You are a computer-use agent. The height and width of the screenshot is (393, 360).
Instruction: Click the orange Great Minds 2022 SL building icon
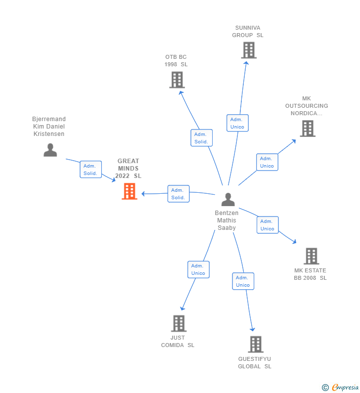(x=130, y=191)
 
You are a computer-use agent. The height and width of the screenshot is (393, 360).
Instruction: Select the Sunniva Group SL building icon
(x=249, y=50)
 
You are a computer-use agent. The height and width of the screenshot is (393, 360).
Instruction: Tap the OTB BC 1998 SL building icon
(x=177, y=80)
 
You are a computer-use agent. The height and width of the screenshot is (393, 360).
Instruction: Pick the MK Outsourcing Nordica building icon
(x=308, y=129)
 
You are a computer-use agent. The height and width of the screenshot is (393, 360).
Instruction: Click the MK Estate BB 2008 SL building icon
(x=312, y=256)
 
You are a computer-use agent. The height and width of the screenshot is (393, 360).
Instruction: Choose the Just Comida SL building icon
(x=179, y=323)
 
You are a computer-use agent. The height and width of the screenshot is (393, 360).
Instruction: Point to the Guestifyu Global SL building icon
(x=256, y=345)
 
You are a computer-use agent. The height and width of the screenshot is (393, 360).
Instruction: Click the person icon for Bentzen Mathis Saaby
(x=228, y=200)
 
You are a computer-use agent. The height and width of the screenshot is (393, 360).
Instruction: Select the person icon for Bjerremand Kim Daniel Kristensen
(x=50, y=150)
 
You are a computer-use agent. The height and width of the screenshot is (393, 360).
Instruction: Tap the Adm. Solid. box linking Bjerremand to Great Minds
(x=91, y=170)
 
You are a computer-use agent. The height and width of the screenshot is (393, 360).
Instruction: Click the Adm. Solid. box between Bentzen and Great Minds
(x=179, y=194)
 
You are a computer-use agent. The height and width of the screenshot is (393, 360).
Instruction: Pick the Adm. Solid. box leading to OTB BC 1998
(x=202, y=138)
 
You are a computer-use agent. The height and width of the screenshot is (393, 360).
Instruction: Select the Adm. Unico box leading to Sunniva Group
(x=237, y=123)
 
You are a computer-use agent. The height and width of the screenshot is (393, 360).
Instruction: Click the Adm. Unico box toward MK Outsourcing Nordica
(x=267, y=162)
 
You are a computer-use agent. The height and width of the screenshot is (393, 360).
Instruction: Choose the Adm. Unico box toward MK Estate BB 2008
(x=268, y=225)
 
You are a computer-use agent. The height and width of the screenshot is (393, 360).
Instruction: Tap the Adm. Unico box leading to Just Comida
(x=199, y=269)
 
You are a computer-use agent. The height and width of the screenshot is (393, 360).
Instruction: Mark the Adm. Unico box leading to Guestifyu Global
(x=243, y=281)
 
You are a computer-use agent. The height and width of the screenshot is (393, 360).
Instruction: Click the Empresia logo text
(x=345, y=388)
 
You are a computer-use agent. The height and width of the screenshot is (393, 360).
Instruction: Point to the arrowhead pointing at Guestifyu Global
(x=253, y=329)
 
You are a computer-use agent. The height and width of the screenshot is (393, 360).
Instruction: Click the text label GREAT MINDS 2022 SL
(x=129, y=169)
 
